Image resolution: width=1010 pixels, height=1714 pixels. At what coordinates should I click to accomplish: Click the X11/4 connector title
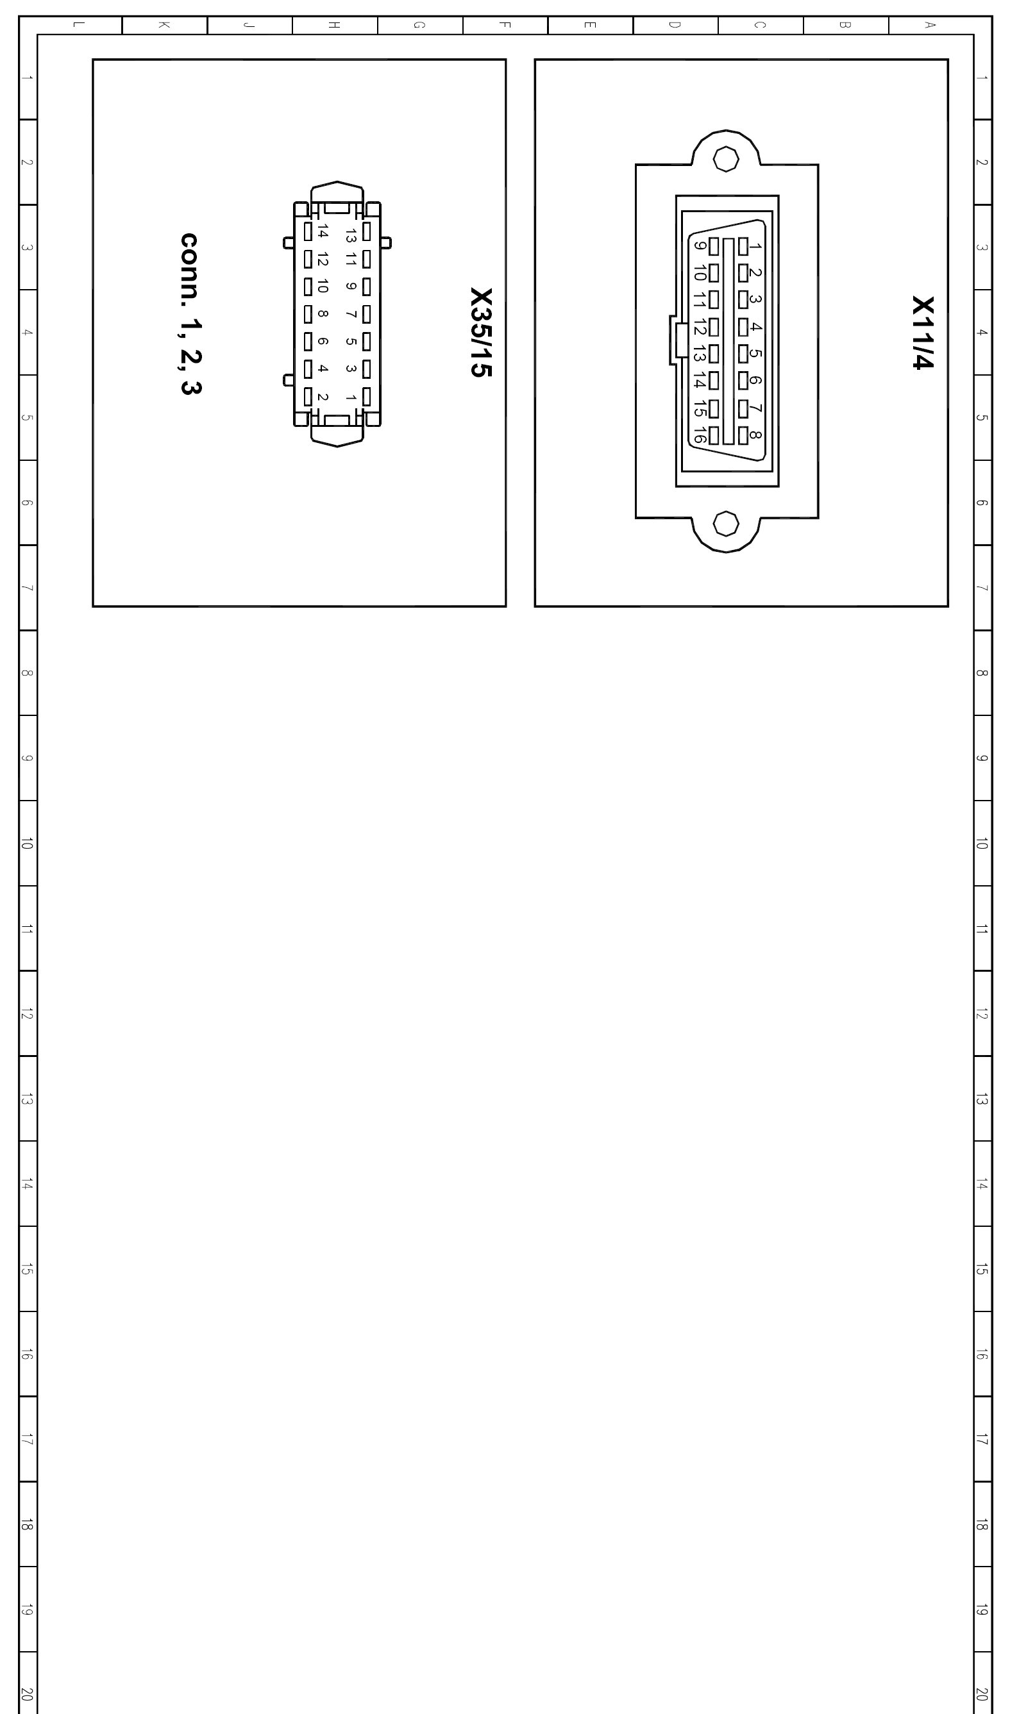coord(923,333)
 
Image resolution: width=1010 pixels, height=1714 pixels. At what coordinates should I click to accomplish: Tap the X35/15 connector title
coord(480,333)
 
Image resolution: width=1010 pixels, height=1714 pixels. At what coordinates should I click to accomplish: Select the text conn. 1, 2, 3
coord(190,314)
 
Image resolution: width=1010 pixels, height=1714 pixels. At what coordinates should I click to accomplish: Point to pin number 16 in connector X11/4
coord(700,435)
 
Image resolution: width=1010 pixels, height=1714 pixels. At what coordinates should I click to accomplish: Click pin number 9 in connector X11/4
coord(700,245)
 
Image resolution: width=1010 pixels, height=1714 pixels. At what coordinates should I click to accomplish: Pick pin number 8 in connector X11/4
coord(755,435)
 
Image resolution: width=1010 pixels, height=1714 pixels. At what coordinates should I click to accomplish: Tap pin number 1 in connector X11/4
coord(755,246)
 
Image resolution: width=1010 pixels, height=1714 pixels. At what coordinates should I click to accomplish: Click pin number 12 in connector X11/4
coord(700,327)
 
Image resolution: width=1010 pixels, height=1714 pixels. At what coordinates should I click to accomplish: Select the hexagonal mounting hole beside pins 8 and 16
coord(726,524)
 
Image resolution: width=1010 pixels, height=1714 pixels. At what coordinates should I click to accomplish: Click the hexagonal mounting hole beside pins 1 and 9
coord(726,159)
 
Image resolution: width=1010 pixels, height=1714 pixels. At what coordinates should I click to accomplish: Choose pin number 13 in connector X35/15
coord(351,235)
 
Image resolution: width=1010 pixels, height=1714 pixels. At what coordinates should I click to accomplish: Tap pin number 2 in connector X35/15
coord(323,397)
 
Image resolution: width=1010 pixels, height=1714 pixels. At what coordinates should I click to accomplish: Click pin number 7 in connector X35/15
coord(351,314)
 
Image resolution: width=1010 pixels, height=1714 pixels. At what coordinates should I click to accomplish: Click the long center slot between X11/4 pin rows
coord(728,342)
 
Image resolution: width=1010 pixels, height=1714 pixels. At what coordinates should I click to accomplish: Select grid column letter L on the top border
coord(79,25)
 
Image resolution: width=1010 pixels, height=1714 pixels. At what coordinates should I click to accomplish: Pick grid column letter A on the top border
coord(930,25)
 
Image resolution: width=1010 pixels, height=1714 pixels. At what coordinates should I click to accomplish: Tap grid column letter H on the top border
coord(334,25)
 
